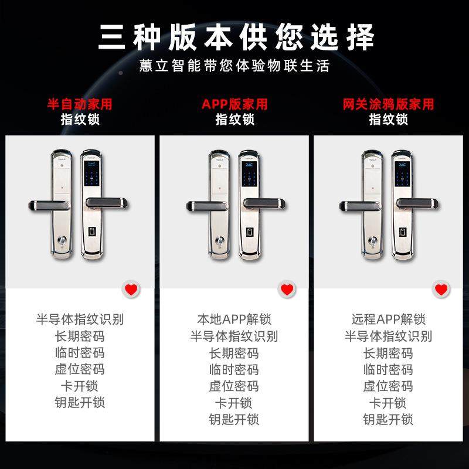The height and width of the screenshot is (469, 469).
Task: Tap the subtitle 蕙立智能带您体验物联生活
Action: (235, 65)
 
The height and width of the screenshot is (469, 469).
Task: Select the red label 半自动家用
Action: (80, 104)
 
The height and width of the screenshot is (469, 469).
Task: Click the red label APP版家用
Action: (235, 104)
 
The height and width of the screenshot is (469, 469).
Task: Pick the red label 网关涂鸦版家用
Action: (388, 104)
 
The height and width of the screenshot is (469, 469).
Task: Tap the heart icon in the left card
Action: (131, 289)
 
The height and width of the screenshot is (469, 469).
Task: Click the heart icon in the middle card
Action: (286, 289)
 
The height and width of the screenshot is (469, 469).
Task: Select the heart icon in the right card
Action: (441, 289)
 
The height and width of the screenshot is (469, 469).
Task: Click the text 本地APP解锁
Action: (235, 320)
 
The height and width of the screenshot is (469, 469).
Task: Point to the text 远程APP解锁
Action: (388, 320)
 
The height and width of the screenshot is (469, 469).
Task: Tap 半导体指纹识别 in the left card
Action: (80, 320)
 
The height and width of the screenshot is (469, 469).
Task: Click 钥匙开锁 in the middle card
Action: (235, 419)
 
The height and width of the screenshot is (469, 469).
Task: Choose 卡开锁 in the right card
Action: (388, 403)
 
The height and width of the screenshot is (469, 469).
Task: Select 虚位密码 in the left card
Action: (80, 369)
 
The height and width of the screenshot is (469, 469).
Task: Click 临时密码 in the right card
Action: (388, 369)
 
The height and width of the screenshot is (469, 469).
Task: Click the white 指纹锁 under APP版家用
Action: (235, 119)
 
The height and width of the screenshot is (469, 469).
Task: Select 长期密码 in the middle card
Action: (235, 353)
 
